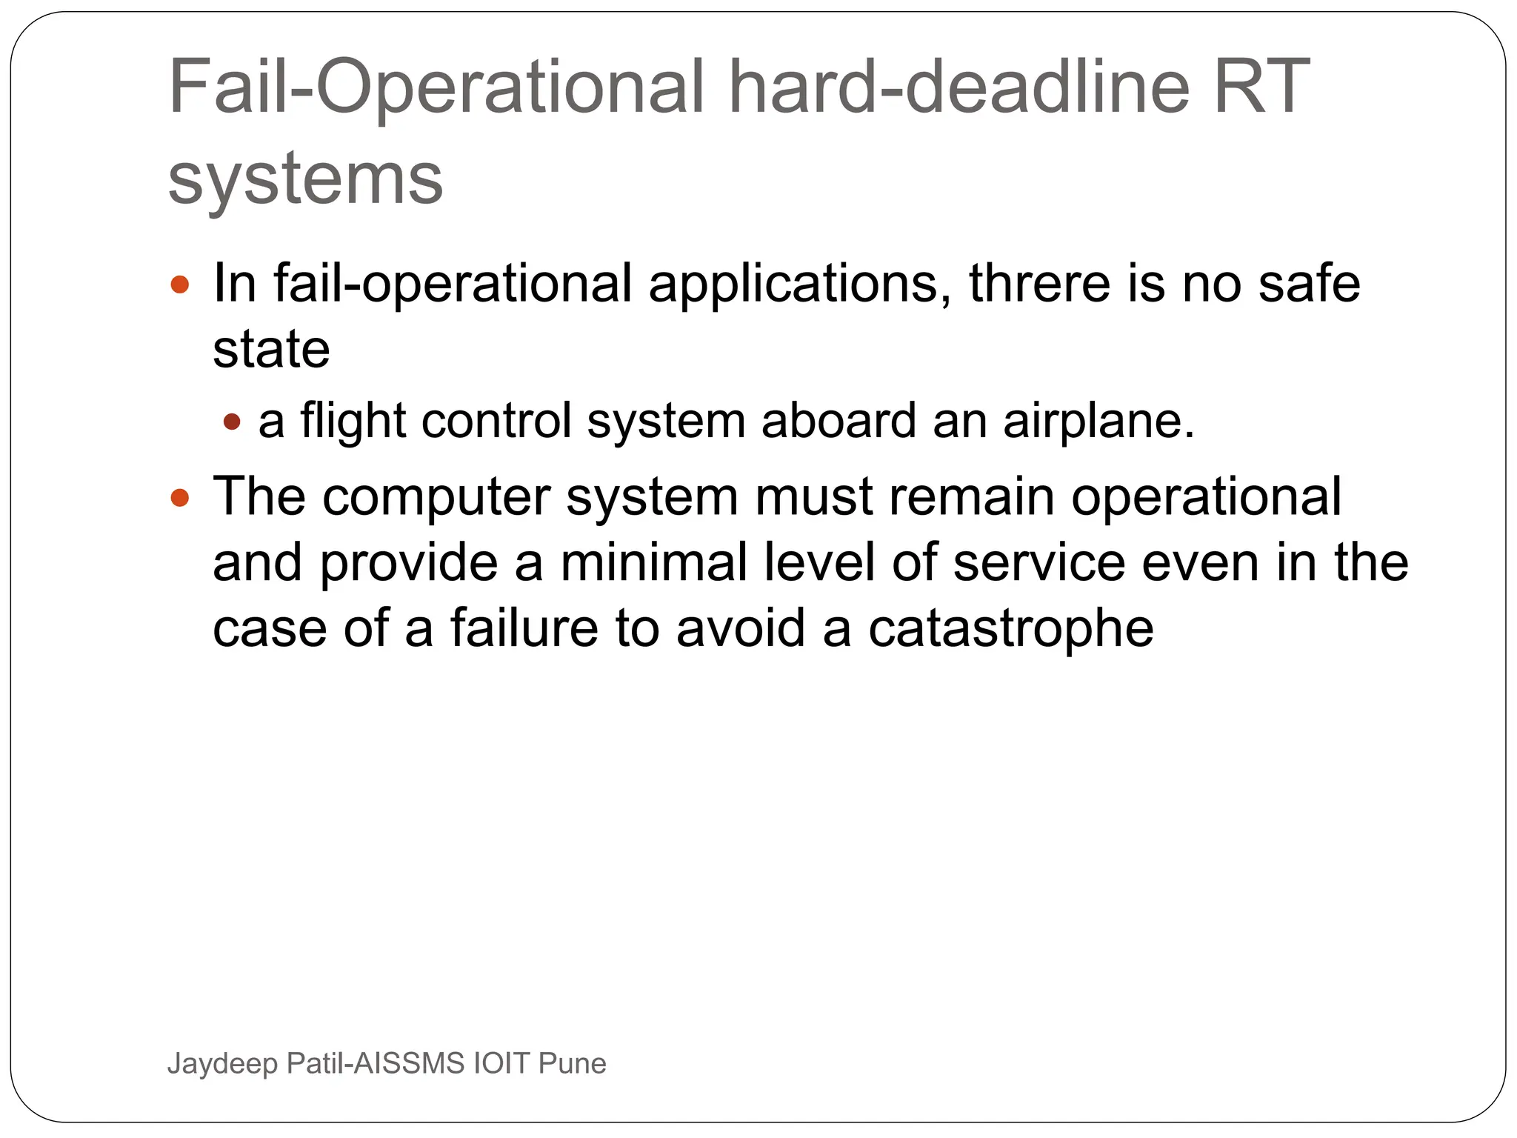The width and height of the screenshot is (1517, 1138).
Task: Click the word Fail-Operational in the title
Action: point(436,87)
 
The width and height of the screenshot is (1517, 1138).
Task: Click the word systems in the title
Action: point(305,179)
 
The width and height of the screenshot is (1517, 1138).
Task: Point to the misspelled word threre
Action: point(1040,283)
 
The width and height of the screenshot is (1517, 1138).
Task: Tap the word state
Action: point(271,350)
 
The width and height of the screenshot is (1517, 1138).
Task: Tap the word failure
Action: point(524,628)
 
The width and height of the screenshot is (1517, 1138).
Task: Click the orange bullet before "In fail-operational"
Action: point(180,284)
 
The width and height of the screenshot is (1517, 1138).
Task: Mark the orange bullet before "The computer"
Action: point(180,497)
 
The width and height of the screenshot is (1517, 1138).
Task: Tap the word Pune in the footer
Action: point(572,1064)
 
